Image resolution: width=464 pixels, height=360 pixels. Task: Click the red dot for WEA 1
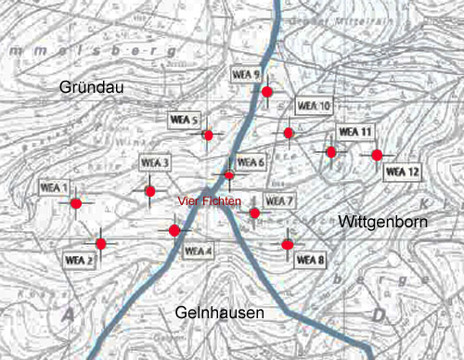[76, 203]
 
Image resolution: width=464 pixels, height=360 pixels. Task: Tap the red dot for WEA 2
[100, 244]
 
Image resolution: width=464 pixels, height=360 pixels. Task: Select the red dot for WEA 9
[267, 91]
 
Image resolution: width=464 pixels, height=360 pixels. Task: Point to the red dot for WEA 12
[377, 155]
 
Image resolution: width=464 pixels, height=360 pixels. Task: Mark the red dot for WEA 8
[288, 245]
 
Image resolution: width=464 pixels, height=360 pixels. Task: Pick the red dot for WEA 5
[208, 135]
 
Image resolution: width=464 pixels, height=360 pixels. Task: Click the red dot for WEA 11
[330, 151]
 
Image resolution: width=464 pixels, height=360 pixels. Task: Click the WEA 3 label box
[156, 163]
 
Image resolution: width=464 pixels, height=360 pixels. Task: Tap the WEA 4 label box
[199, 251]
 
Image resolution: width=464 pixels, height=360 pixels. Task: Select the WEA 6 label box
[251, 162]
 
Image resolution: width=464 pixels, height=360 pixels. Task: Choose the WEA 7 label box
[279, 201]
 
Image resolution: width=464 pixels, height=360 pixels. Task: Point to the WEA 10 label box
[313, 106]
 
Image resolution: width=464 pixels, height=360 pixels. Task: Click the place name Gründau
[91, 86]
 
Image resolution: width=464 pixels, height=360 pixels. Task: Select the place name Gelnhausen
[219, 313]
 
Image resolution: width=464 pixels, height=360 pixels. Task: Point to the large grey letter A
[68, 315]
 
